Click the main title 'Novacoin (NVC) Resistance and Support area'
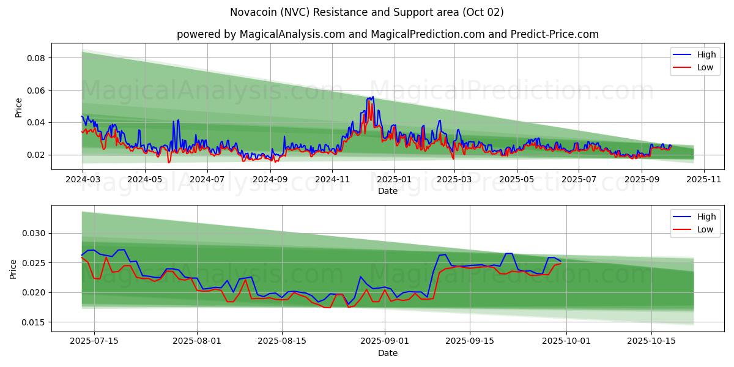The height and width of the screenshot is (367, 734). click(x=367, y=12)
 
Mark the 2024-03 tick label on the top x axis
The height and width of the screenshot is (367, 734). click(x=83, y=180)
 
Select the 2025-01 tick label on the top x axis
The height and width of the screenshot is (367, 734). click(x=395, y=180)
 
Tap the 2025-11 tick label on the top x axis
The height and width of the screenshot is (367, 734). click(x=704, y=180)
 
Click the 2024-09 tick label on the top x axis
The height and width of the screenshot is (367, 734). click(x=270, y=180)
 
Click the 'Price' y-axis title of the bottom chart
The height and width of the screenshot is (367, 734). click(x=14, y=269)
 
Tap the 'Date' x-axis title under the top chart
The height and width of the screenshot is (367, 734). click(x=388, y=191)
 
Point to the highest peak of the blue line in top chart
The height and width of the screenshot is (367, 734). click(x=373, y=97)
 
